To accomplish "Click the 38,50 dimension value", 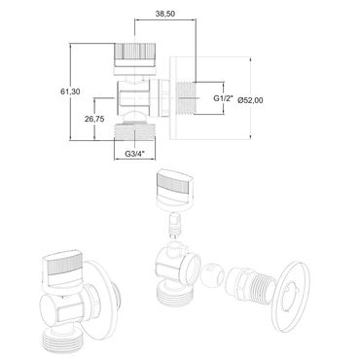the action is click(165, 14).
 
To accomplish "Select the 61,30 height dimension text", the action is click(70, 91).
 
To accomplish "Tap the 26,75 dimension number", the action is click(94, 119).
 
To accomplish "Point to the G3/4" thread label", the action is click(135, 154).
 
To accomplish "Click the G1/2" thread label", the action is click(224, 98).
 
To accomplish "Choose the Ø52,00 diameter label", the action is click(250, 100).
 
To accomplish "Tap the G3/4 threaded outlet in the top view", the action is click(135, 132).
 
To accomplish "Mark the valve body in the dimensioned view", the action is click(133, 97).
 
